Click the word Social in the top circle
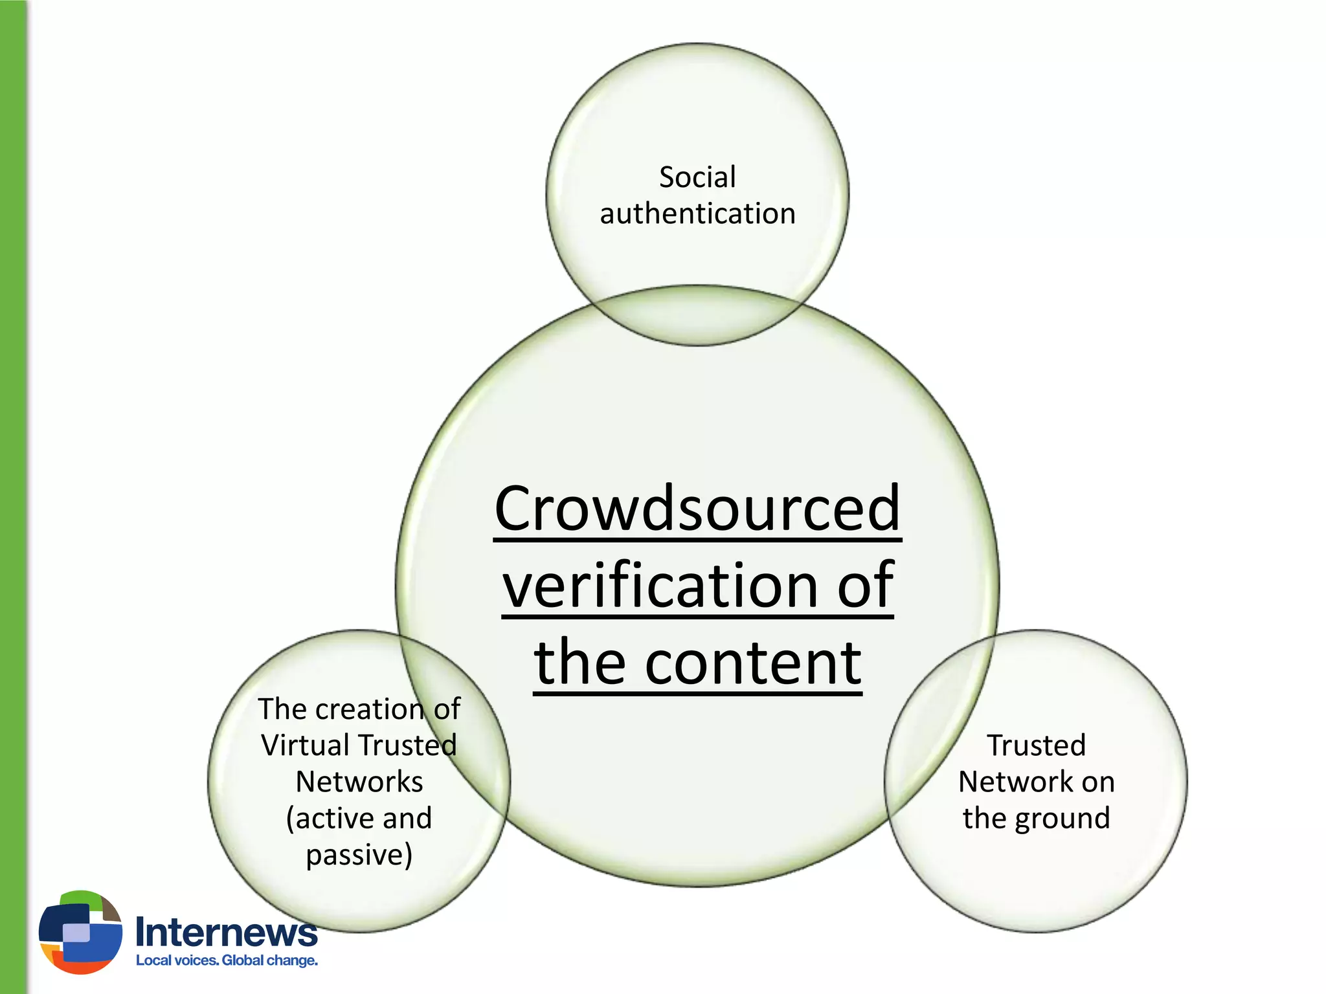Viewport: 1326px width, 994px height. pyautogui.click(x=697, y=177)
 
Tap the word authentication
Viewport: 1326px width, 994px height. pyautogui.click(x=697, y=214)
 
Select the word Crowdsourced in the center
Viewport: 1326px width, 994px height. pyautogui.click(x=697, y=509)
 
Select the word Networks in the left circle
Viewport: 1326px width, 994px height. pyautogui.click(x=359, y=782)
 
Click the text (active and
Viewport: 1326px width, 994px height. pyautogui.click(x=359, y=819)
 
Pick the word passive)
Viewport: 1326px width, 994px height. pyautogui.click(x=359, y=855)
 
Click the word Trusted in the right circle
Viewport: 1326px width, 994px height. pyautogui.click(x=1036, y=745)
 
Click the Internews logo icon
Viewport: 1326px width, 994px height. pyautogui.click(x=80, y=932)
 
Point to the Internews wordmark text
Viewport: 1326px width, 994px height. pyautogui.click(x=227, y=933)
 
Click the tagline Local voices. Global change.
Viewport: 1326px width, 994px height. pyautogui.click(x=227, y=960)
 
